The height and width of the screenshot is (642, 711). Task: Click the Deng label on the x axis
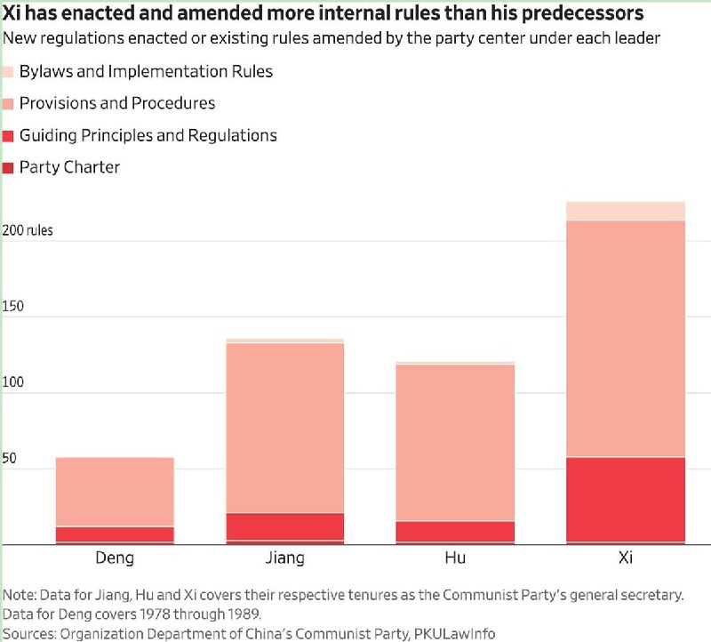pyautogui.click(x=115, y=558)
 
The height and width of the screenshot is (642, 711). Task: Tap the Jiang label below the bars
pyautogui.click(x=284, y=558)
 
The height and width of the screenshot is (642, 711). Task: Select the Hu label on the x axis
pyautogui.click(x=455, y=558)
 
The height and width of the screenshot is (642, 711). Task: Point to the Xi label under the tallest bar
pyautogui.click(x=626, y=558)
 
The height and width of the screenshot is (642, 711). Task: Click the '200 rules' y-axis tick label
pyautogui.click(x=28, y=230)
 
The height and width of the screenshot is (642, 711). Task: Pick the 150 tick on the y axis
pyautogui.click(x=12, y=306)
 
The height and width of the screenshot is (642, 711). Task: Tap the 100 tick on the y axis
pyautogui.click(x=12, y=382)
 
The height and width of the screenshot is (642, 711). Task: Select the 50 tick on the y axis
pyautogui.click(x=9, y=458)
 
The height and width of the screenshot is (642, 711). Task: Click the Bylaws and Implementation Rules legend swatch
pyautogui.click(x=8, y=72)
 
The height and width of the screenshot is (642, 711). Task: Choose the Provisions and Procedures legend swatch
pyautogui.click(x=8, y=104)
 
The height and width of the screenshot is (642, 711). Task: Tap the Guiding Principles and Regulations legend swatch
pyautogui.click(x=8, y=136)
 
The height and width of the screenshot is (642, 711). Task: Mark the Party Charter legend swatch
pyautogui.click(x=8, y=168)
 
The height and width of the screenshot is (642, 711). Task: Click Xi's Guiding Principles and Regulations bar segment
pyautogui.click(x=626, y=500)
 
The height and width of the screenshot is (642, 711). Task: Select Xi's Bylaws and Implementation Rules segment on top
pyautogui.click(x=626, y=211)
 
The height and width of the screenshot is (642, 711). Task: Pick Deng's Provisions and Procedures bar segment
pyautogui.click(x=115, y=492)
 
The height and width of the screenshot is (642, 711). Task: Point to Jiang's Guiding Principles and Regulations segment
pyautogui.click(x=284, y=526)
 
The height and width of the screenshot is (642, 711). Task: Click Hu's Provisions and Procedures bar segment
pyautogui.click(x=455, y=442)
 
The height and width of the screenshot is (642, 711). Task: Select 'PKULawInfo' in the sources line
pyautogui.click(x=454, y=633)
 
